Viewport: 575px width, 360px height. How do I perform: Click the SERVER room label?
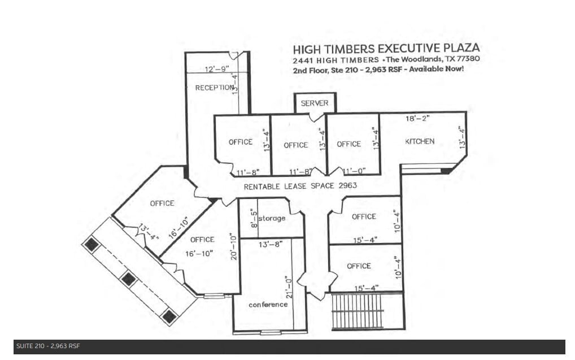coord(315,103)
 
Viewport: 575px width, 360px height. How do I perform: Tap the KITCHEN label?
coord(420,141)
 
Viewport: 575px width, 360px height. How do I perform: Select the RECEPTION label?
coord(214,88)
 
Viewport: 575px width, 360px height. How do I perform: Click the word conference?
coord(268,304)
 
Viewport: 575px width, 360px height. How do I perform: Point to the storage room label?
coord(272,218)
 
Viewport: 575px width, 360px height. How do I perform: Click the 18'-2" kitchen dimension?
coord(419,119)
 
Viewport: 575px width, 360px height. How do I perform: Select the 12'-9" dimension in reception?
coord(217,70)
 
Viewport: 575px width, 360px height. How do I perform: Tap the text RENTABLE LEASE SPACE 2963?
coord(300,185)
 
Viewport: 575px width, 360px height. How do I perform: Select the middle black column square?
coord(129,279)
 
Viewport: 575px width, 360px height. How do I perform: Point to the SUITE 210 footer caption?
coord(48,346)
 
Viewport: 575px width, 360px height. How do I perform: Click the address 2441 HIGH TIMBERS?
coord(336,60)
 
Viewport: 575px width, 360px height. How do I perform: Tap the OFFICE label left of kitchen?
coord(349,144)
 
